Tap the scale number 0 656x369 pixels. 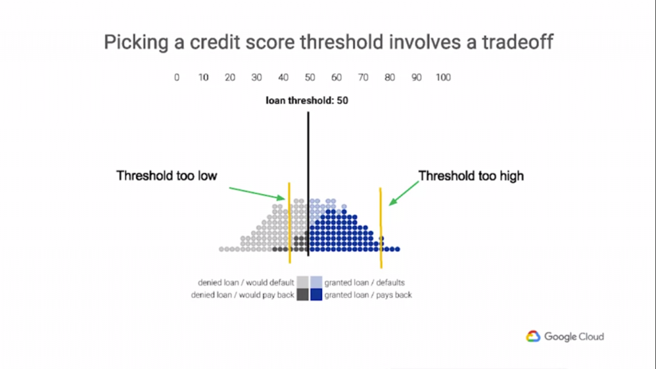(177, 78)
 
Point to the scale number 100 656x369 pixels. (443, 78)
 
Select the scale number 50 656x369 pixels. (309, 78)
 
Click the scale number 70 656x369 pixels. (363, 78)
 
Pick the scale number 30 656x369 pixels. (256, 78)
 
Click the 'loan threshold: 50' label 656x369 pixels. (307, 101)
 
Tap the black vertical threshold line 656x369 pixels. (308, 184)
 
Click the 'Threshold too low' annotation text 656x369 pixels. (167, 176)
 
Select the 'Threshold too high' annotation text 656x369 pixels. (471, 176)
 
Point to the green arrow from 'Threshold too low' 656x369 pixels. (257, 193)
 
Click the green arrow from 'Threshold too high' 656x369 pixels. (404, 193)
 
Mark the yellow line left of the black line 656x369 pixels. (289, 222)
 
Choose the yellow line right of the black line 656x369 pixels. (381, 227)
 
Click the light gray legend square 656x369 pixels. (302, 282)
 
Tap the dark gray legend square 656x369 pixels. (302, 295)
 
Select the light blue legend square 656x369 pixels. (316, 282)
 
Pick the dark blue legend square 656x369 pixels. (316, 295)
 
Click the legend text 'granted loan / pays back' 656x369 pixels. (368, 295)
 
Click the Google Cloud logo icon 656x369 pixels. (533, 336)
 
